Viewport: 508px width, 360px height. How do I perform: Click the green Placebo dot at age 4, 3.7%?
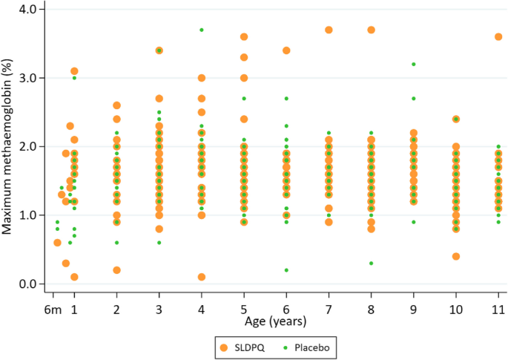(202, 30)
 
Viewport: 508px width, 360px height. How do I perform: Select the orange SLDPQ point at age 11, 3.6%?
(498, 36)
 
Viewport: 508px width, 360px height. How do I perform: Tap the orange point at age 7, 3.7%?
(329, 30)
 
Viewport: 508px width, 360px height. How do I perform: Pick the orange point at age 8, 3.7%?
(371, 30)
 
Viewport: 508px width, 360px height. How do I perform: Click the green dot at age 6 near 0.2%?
(286, 270)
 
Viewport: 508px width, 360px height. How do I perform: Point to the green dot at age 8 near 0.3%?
(371, 264)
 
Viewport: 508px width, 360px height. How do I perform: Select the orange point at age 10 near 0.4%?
(456, 256)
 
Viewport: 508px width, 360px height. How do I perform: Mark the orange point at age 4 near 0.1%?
(202, 277)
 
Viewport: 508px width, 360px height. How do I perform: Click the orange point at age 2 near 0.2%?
(116, 270)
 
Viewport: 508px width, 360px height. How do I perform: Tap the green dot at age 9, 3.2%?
(413, 64)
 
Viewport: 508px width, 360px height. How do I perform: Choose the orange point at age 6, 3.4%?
(286, 50)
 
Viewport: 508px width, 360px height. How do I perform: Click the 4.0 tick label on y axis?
(30, 9)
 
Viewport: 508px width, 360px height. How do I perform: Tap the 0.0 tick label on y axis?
(30, 284)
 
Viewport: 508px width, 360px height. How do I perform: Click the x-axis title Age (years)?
(275, 322)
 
